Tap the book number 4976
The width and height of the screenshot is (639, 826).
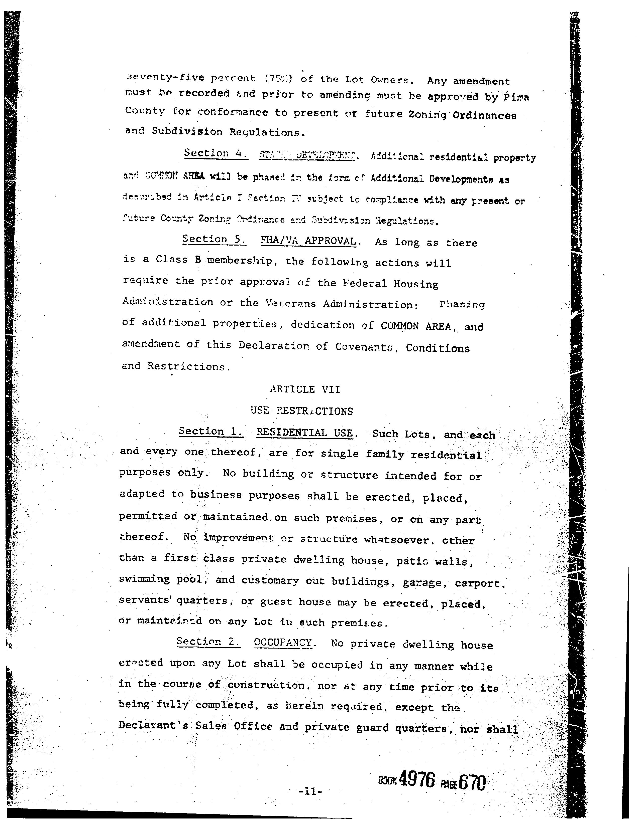[417, 781]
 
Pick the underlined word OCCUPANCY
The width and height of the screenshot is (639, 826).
[283, 642]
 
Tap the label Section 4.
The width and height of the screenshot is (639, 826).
[216, 153]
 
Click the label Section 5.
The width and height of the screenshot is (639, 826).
[214, 239]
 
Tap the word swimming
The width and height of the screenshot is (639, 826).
[144, 579]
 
